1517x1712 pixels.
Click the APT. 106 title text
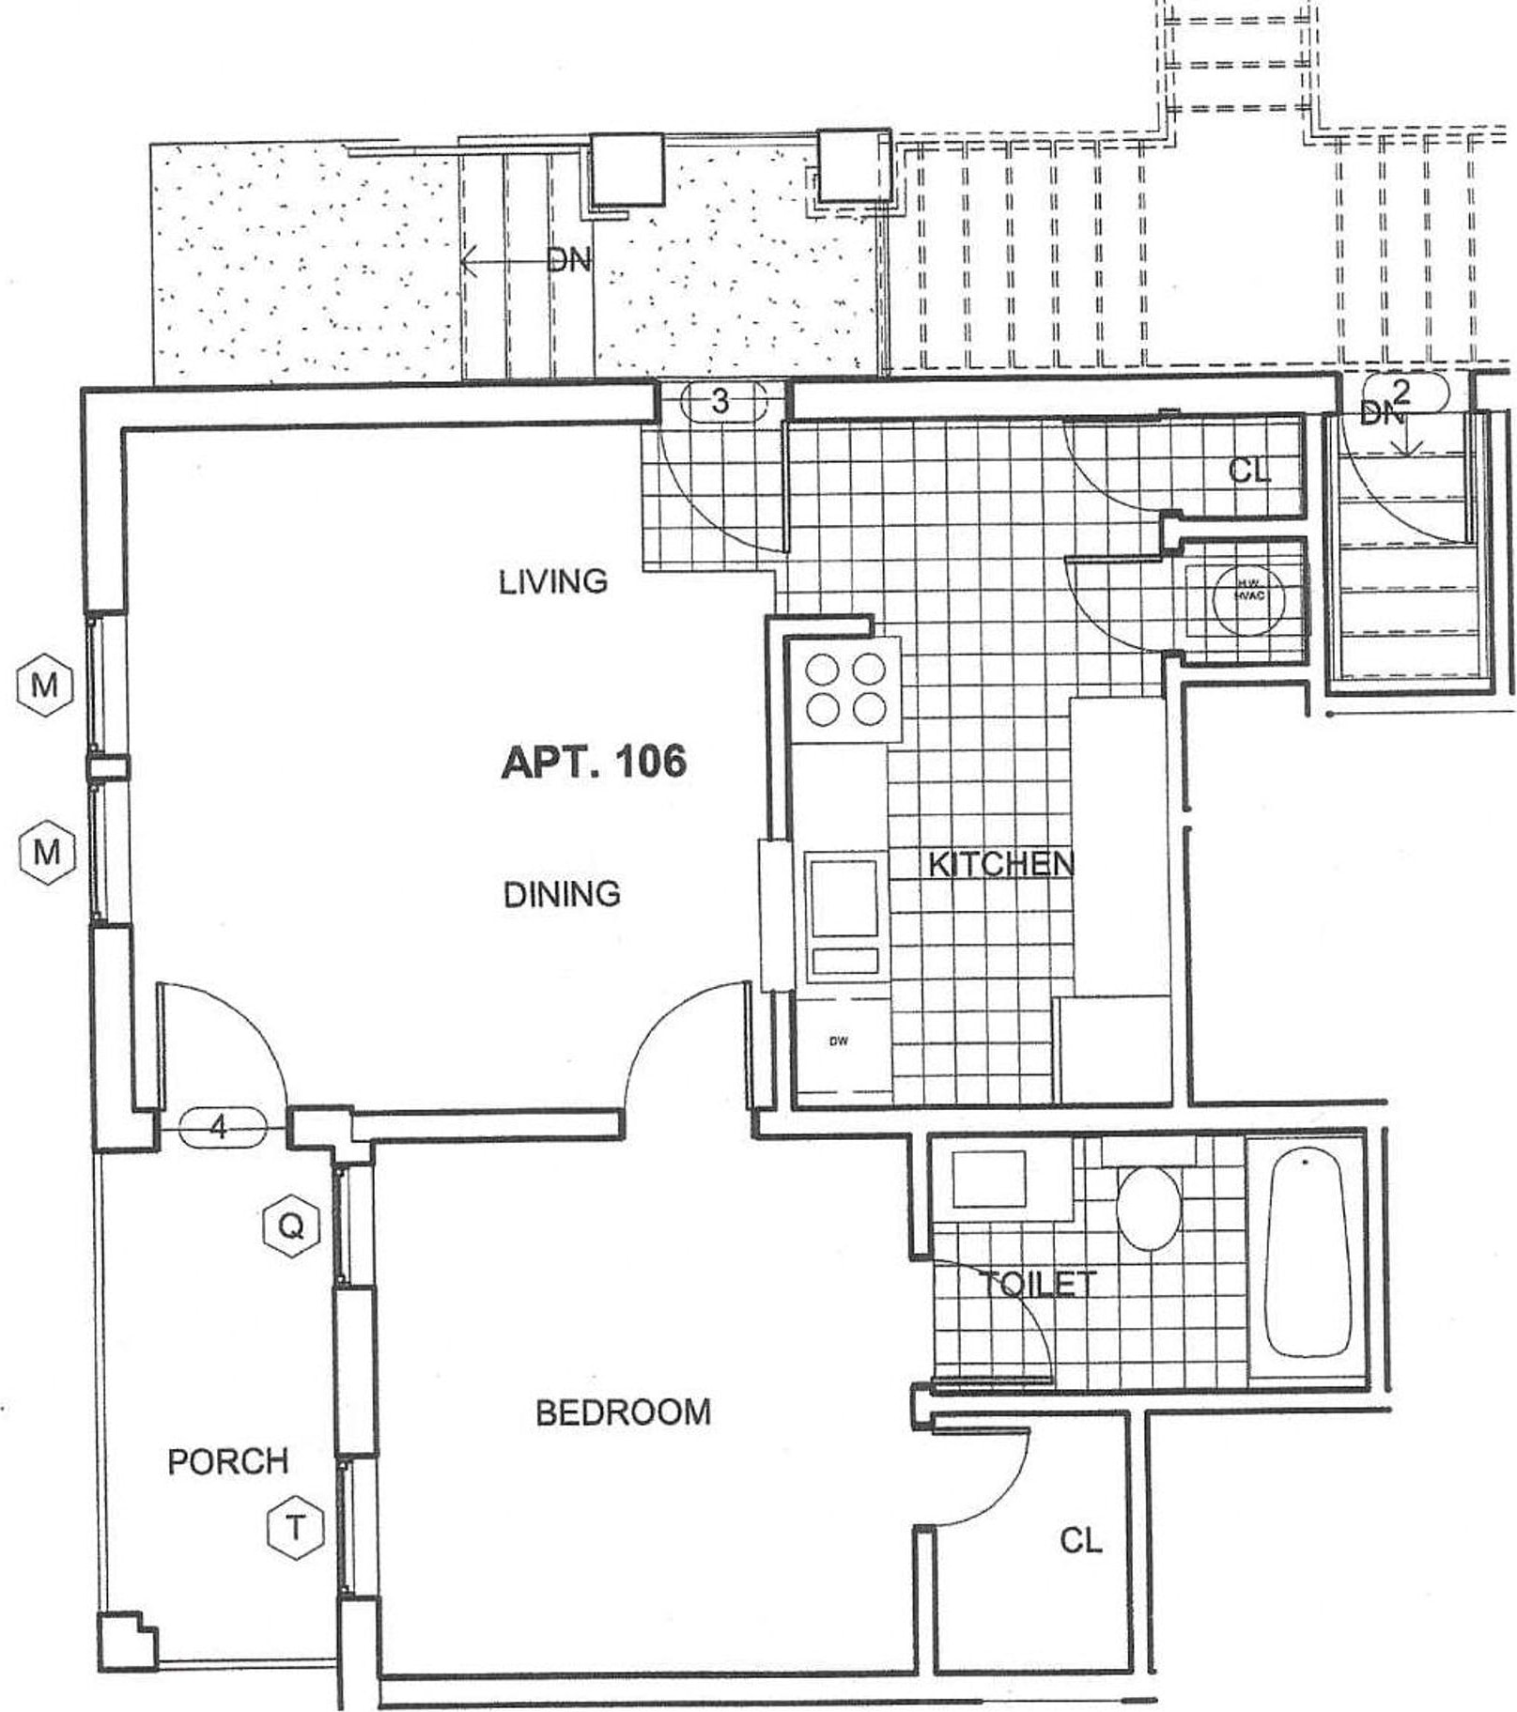click(594, 762)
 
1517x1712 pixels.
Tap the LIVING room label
click(552, 582)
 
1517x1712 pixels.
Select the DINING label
click(562, 894)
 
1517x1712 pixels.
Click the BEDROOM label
click(623, 1411)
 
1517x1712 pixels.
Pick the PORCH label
click(227, 1460)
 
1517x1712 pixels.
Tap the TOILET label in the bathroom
click(1037, 1284)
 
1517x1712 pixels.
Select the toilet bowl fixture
click(1149, 1208)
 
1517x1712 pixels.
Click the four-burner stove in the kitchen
click(845, 690)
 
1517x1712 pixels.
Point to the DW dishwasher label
click(839, 1041)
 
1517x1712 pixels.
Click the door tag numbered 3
click(720, 402)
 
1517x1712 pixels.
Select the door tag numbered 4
click(220, 1126)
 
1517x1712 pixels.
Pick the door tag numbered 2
click(1402, 391)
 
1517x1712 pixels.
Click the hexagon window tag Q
click(291, 1226)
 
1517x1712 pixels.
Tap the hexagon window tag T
click(295, 1528)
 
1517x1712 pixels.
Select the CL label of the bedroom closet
click(1080, 1540)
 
